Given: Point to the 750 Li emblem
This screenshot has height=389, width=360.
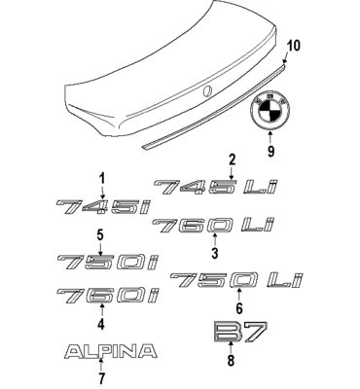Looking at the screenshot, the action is (x=228, y=281).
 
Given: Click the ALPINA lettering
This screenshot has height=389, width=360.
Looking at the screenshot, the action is (x=107, y=350).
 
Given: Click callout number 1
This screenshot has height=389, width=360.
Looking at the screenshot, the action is (x=100, y=176).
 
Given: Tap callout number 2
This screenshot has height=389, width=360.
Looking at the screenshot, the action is (x=232, y=159).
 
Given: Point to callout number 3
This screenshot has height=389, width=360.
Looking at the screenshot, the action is (x=214, y=255).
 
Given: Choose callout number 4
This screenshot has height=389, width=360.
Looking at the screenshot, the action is (x=100, y=323).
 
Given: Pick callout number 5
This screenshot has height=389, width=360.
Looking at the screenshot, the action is (x=100, y=234).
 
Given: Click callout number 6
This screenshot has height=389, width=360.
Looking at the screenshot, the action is (x=238, y=308).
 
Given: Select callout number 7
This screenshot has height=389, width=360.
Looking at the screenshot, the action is (x=100, y=377).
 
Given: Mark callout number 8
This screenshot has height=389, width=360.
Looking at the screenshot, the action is (x=232, y=361).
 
